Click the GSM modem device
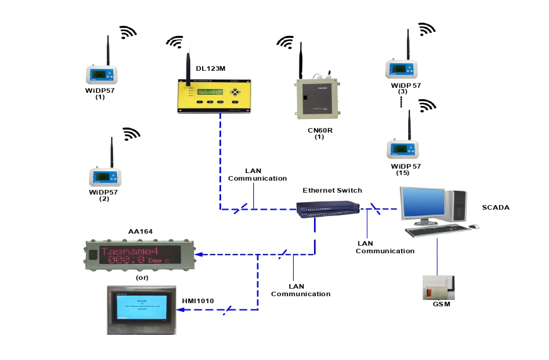coord(437,289)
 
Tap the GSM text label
coord(442,305)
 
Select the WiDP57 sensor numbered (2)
coord(106,176)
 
